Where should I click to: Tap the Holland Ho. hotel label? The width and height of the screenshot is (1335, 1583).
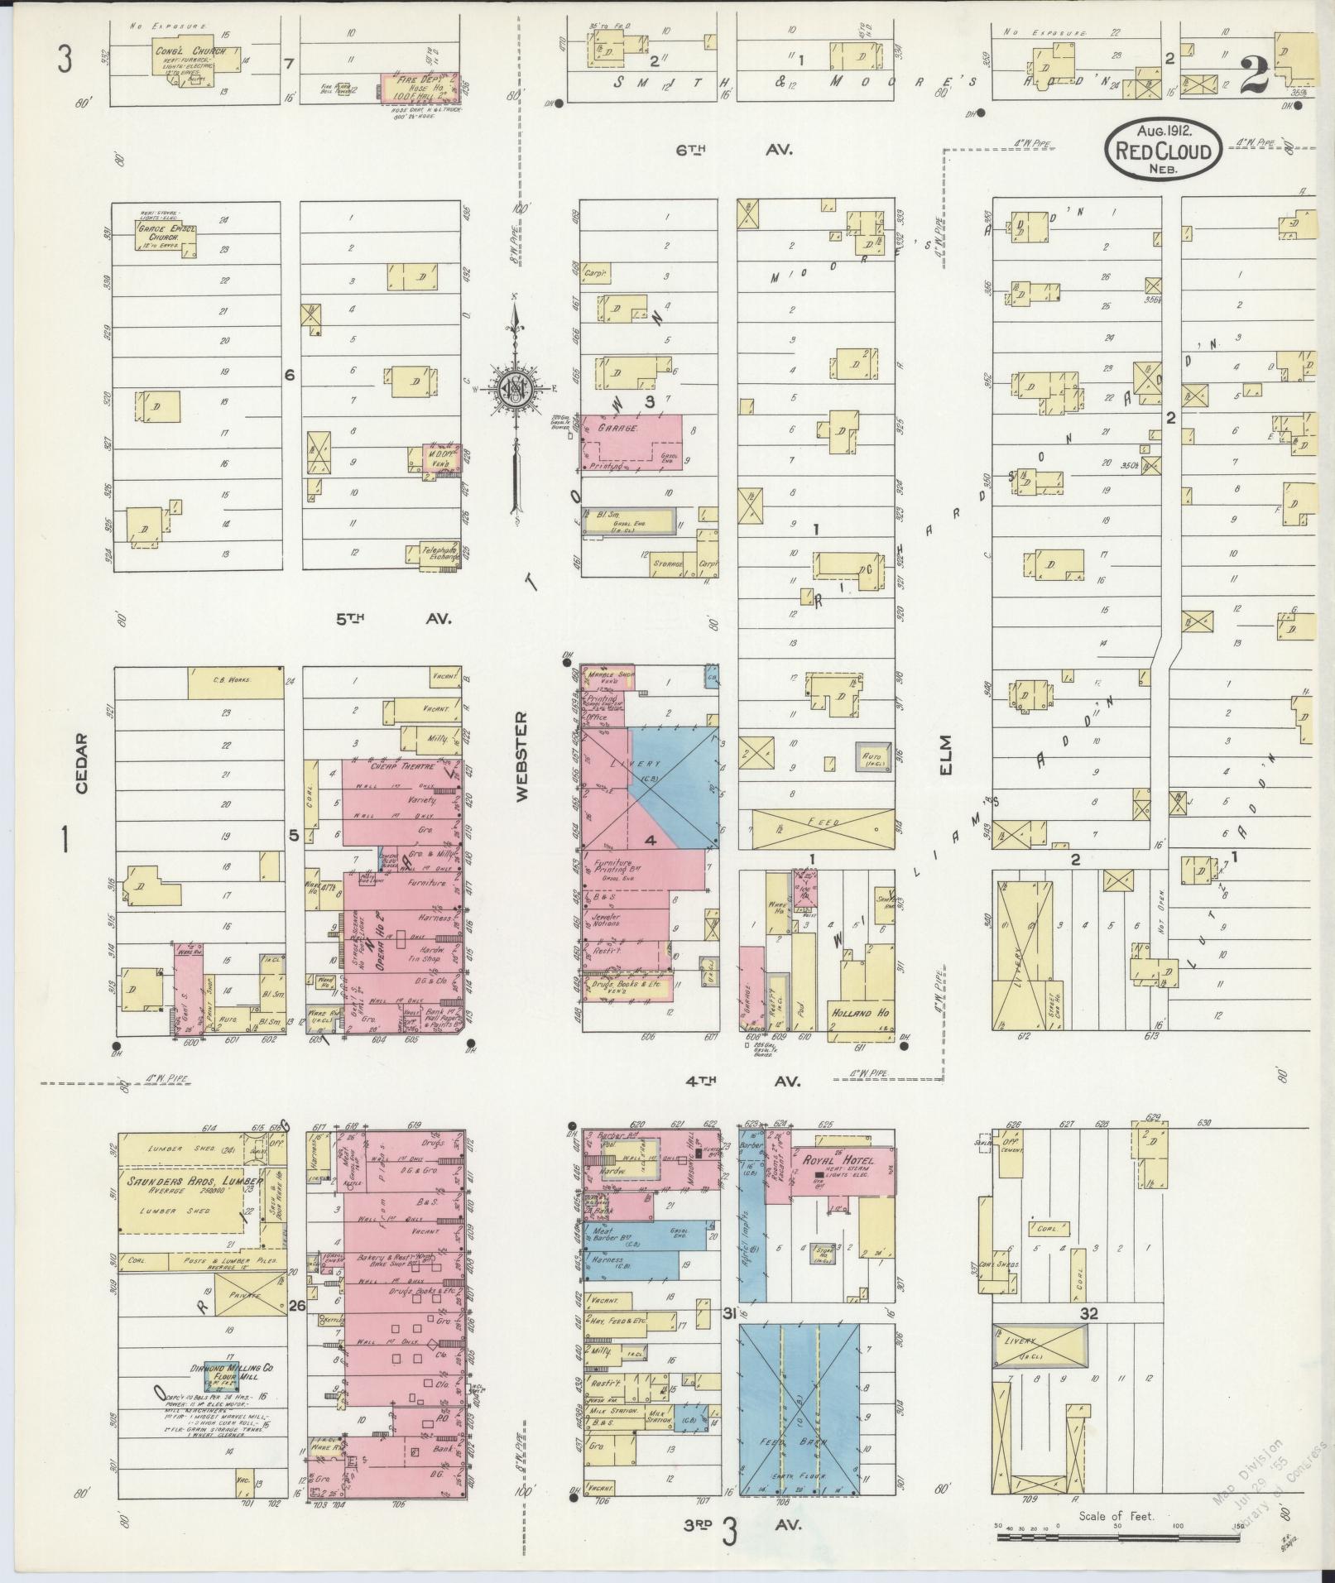click(x=852, y=1010)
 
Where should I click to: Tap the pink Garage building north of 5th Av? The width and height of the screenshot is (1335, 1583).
click(x=631, y=442)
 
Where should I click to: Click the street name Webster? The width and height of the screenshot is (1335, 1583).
click(x=521, y=756)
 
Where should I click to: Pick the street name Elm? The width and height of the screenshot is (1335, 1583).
click(x=946, y=755)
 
